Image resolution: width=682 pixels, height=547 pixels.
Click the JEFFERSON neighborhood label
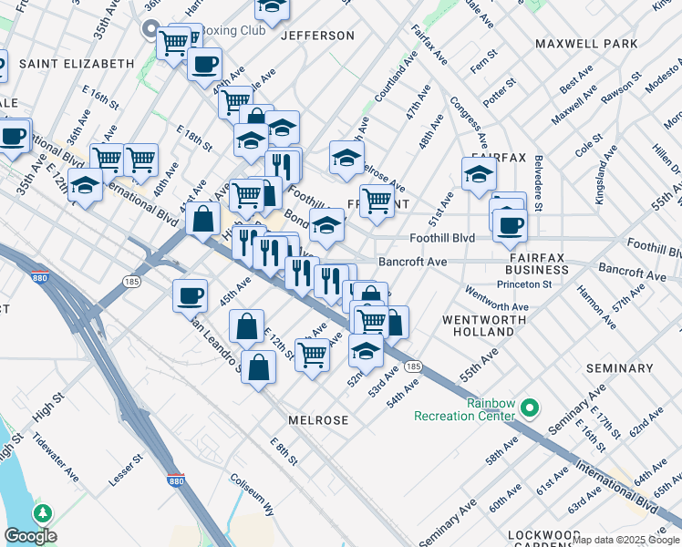click(317, 36)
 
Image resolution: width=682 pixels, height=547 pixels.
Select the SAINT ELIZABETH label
click(77, 64)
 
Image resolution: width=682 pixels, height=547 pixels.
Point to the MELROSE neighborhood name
click(318, 420)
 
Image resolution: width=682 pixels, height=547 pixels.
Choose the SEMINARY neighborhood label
click(620, 368)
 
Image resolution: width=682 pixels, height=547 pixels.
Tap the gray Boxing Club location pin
click(153, 30)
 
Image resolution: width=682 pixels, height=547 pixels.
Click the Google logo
click(30, 536)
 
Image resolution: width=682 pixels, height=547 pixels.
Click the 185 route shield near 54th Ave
click(413, 366)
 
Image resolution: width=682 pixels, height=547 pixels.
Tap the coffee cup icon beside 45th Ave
click(191, 294)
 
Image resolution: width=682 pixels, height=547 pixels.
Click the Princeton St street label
click(524, 284)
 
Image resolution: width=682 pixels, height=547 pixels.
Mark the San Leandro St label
click(215, 345)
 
